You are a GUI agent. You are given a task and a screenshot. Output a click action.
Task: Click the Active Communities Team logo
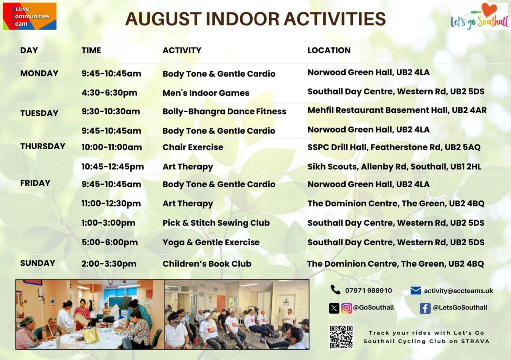point(29,16)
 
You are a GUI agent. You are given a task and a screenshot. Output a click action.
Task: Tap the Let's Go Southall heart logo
point(479,17)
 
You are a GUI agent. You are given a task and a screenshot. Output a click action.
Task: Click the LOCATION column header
point(329,50)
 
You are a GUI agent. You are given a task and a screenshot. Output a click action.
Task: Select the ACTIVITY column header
point(182,50)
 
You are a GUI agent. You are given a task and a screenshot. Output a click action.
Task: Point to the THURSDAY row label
point(43,146)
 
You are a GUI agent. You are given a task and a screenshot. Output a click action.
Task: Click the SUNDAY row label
point(38,263)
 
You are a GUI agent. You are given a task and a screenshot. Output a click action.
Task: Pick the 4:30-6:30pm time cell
point(109,93)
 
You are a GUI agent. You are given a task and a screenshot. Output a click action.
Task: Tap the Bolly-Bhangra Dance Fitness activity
point(225,111)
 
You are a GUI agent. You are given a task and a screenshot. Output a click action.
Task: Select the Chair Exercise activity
point(193,147)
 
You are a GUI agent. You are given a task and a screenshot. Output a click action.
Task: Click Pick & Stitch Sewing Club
point(217,223)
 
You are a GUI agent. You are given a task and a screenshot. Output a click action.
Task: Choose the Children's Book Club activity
point(207,264)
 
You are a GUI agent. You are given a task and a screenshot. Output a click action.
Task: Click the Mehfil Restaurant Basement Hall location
point(397,110)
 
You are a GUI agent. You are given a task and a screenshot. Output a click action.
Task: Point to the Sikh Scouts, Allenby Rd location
point(394,167)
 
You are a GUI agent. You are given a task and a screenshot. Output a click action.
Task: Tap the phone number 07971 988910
point(369,291)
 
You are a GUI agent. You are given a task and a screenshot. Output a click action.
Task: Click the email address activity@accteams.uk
point(459,291)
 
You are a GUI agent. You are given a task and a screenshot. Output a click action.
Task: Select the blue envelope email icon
point(416,290)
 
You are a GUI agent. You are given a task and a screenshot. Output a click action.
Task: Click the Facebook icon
point(425,308)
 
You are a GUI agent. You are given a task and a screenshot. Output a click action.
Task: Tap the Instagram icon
point(347,308)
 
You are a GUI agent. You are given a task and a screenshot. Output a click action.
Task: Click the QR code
point(341,337)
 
